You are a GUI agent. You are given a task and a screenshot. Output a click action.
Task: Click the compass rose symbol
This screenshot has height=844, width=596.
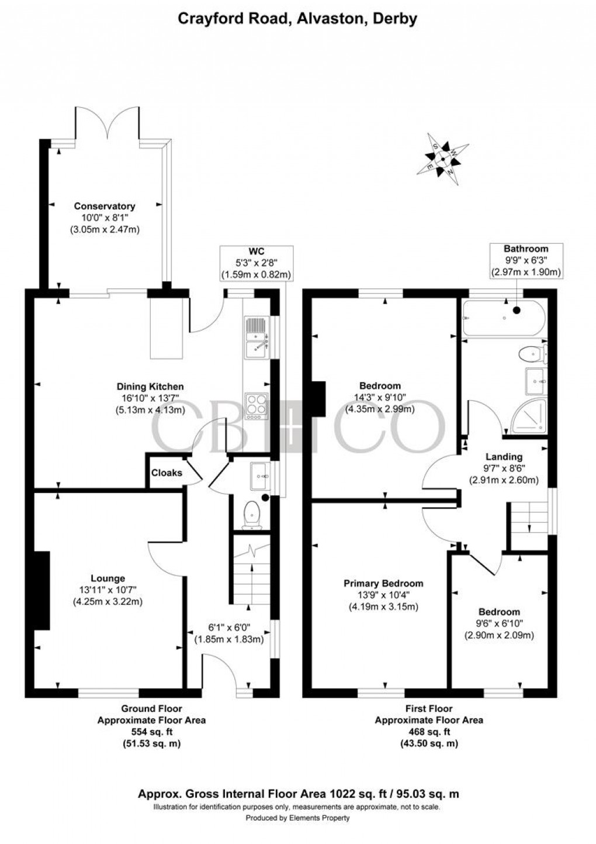tap(443, 159)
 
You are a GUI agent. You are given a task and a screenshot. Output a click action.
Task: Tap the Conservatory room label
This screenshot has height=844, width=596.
tap(104, 206)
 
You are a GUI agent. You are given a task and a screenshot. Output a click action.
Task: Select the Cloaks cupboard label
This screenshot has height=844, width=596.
tap(167, 473)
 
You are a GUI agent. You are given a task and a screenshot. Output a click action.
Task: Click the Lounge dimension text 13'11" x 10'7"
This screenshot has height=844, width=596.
tap(108, 590)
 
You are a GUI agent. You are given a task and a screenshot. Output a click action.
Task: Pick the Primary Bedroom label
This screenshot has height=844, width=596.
tap(383, 583)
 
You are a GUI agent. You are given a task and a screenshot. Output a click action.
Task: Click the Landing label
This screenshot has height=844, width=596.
tap(504, 457)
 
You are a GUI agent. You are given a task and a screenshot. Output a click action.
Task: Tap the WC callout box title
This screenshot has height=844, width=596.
tap(257, 252)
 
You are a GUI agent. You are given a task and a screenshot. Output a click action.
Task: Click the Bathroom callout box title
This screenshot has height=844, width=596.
tap(526, 249)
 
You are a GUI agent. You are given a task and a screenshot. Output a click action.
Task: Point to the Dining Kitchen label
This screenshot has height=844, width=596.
tap(150, 386)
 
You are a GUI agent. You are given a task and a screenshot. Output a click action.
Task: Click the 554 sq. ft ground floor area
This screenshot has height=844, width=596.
tap(151, 731)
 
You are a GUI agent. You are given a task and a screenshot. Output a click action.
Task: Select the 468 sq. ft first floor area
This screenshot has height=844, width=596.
tap(429, 731)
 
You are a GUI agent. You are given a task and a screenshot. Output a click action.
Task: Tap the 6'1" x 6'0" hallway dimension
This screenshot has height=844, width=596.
tap(229, 627)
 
